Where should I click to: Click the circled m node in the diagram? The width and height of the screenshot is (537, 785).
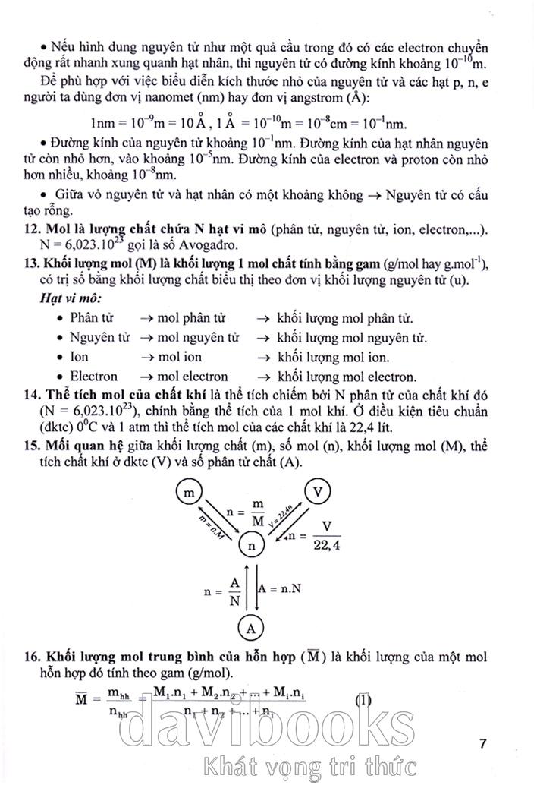tap(186, 493)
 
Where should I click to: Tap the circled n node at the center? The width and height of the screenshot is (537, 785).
tap(252, 544)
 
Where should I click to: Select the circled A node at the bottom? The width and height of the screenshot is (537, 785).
tap(251, 627)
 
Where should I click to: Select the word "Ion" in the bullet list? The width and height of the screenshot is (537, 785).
tap(79, 357)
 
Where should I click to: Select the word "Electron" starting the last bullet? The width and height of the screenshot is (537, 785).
tap(93, 376)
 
